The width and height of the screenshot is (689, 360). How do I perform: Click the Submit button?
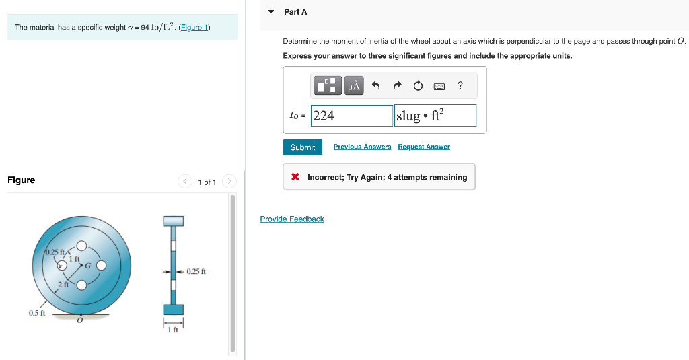(302, 147)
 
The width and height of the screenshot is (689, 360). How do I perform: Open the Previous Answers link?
(362, 147)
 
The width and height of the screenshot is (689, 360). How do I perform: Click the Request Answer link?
(423, 147)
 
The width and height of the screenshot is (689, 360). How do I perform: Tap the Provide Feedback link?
(292, 219)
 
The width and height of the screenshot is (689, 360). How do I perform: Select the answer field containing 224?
(351, 116)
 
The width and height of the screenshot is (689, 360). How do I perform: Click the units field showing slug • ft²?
(435, 116)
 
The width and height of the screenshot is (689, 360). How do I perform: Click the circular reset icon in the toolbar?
(418, 86)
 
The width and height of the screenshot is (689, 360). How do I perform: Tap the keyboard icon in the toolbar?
(439, 86)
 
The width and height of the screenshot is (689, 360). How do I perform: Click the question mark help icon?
(460, 85)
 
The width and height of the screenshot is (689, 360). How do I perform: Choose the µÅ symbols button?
(353, 86)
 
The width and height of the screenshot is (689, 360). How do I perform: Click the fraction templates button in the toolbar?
(328, 86)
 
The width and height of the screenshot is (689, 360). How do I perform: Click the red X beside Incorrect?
(295, 178)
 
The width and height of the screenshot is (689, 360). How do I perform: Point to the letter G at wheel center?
(87, 265)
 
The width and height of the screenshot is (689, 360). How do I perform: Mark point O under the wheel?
(80, 320)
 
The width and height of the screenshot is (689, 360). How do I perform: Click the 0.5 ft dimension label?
(37, 313)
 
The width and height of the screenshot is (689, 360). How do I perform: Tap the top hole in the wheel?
(81, 246)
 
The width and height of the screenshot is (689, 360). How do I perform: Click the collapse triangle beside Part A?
(271, 12)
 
